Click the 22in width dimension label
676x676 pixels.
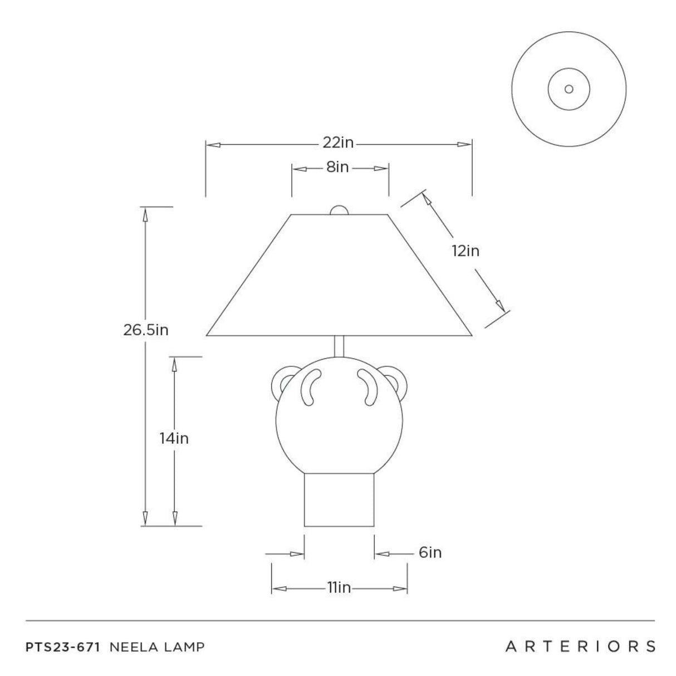338,143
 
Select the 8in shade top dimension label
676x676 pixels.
337,167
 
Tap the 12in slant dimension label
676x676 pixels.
466,251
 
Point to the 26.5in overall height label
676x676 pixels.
146,330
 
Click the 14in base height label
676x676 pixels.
174,439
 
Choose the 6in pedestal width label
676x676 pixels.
430,552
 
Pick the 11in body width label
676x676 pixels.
339,588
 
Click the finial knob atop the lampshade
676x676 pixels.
339,210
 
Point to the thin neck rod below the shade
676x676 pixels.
339,346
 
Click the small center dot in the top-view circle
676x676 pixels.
569,89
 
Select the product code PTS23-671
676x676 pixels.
63,647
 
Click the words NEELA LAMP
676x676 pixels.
158,647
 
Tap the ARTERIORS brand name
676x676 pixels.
580,646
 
